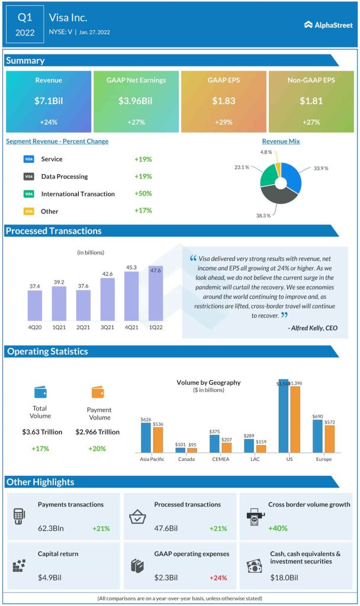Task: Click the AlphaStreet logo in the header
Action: pos(328,24)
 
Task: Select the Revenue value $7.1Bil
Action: pos(49,101)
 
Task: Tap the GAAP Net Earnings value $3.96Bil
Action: pos(136,101)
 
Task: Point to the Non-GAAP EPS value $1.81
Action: pos(311,101)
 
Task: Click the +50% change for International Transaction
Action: pos(143,194)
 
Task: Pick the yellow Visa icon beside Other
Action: pos(28,211)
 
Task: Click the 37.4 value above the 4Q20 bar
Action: pos(35,286)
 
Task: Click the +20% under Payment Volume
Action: pos(97,449)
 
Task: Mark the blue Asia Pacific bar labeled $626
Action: pos(146,437)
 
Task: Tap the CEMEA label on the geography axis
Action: pos(221,459)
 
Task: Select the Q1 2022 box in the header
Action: pos(25,24)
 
